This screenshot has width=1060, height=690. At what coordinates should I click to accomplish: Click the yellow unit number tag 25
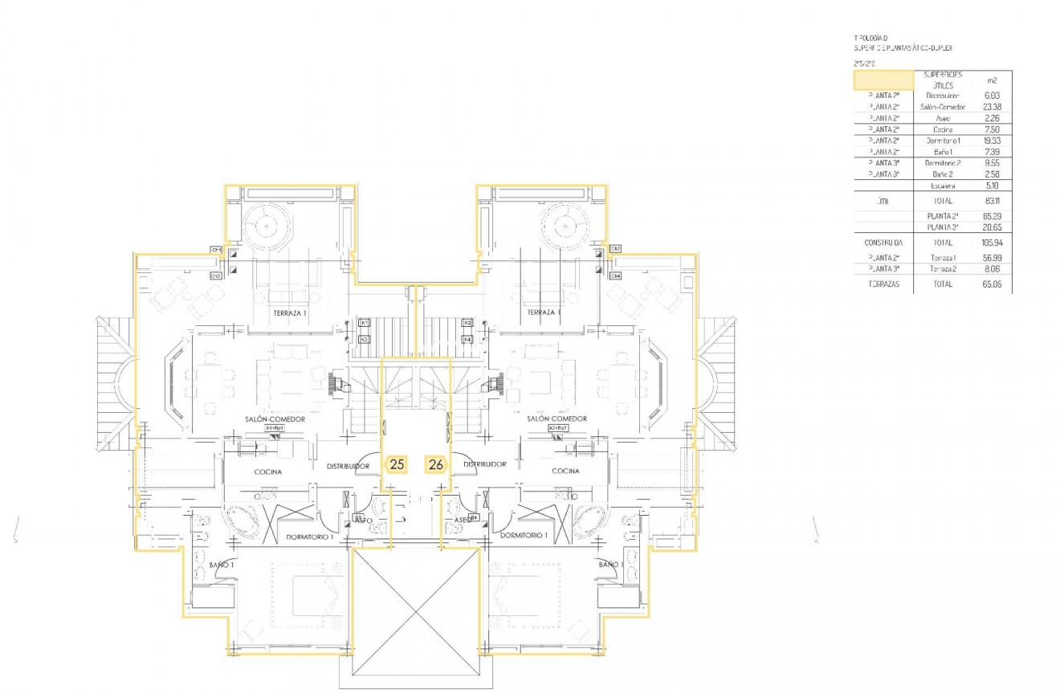(396, 463)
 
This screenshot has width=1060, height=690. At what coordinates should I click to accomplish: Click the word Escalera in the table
(942, 186)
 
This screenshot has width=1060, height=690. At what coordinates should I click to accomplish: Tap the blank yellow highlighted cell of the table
(883, 80)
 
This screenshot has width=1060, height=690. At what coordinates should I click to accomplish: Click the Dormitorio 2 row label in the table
(942, 163)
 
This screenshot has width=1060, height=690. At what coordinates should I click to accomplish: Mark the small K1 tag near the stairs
(364, 322)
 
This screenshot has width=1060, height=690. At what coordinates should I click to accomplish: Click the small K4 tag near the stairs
(467, 339)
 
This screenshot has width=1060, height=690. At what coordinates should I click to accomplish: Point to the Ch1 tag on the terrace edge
(216, 250)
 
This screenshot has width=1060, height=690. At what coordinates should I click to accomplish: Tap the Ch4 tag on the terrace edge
(615, 276)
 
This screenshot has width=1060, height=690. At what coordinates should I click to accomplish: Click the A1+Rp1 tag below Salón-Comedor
(275, 429)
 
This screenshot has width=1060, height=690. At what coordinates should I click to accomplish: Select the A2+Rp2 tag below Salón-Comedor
(557, 429)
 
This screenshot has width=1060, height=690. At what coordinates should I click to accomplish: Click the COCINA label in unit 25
(267, 472)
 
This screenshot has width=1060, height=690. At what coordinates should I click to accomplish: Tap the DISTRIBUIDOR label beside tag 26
(484, 464)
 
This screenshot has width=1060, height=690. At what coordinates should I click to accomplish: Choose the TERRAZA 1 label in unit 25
(289, 312)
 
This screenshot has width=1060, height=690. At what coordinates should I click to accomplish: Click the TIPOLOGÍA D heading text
(871, 38)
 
